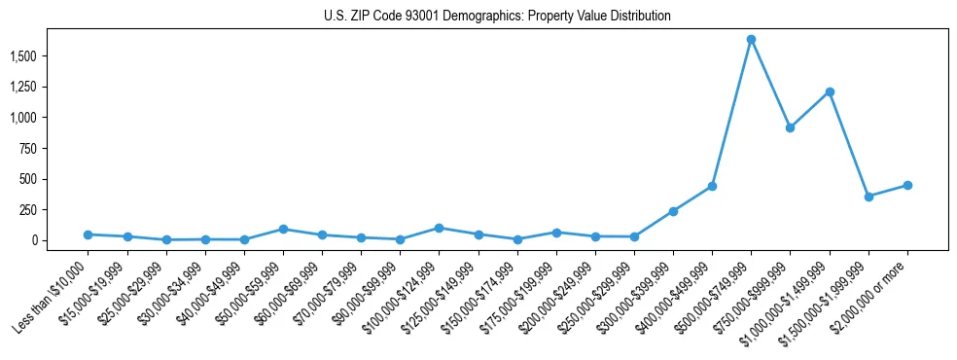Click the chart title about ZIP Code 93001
point(497,17)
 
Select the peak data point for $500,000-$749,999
point(751,40)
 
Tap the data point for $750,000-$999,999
point(790,127)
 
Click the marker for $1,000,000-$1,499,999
point(830,91)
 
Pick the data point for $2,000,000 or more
point(907,185)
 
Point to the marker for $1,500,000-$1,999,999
point(868,197)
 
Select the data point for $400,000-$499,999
point(712,186)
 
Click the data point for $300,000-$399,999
point(673,211)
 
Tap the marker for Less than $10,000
point(88,234)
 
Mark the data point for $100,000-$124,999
point(439,228)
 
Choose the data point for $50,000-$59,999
point(283,229)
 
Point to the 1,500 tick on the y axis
point(23,56)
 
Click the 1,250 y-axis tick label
point(23,88)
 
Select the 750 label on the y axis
point(28,149)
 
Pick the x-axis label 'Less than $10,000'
point(51,298)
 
